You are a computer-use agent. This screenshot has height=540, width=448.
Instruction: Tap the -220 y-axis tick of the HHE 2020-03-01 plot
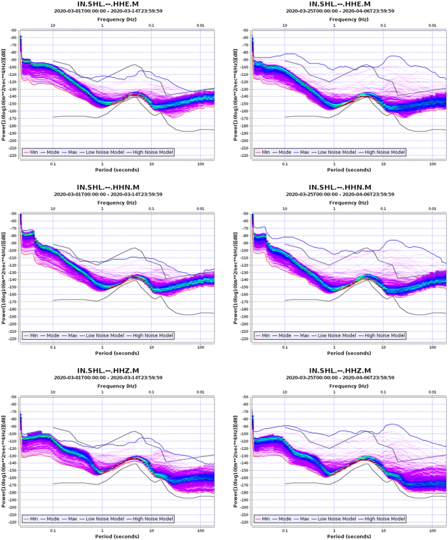click(12, 156)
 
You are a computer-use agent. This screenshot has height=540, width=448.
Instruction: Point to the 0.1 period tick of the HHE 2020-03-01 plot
click(53, 163)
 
